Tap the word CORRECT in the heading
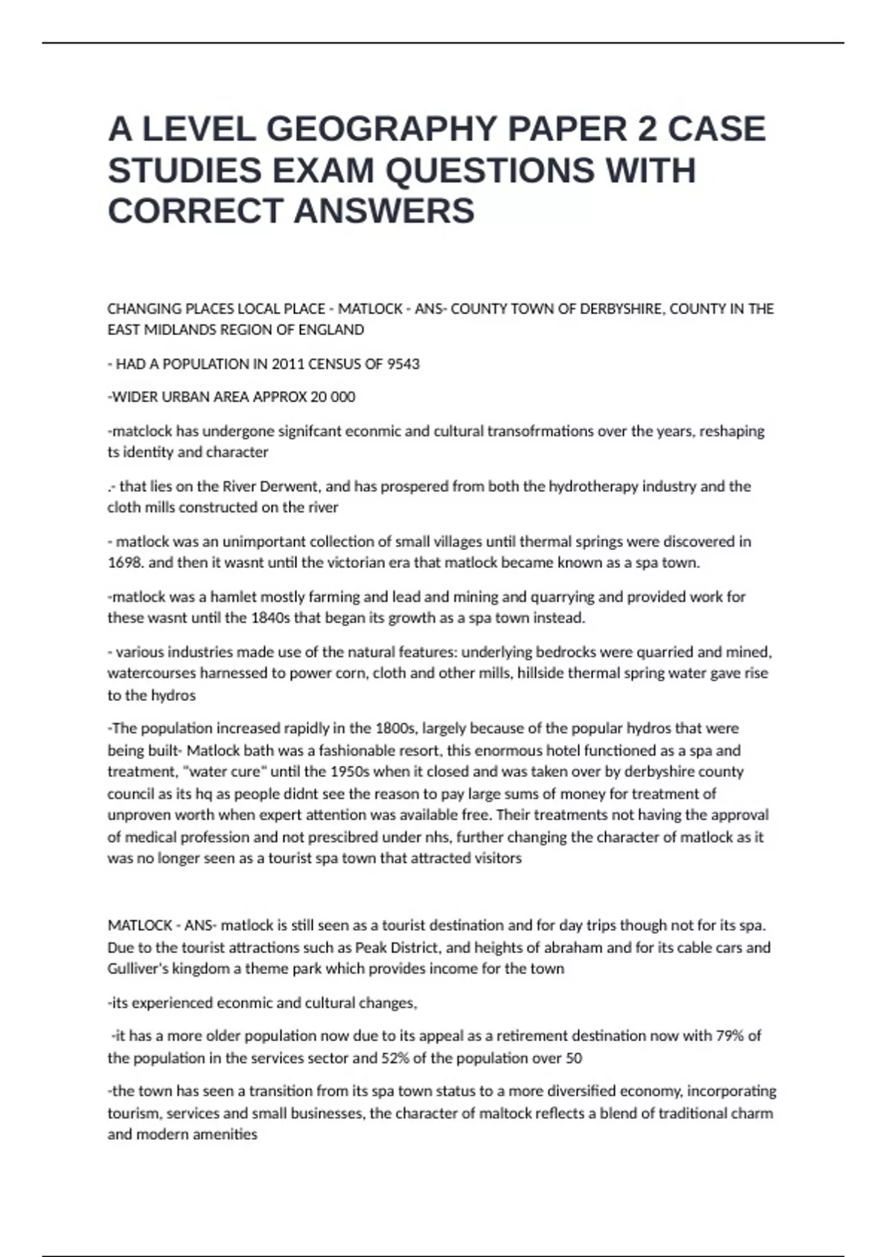195,211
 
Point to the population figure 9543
404,364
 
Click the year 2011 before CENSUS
287,364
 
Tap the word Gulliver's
137,969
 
